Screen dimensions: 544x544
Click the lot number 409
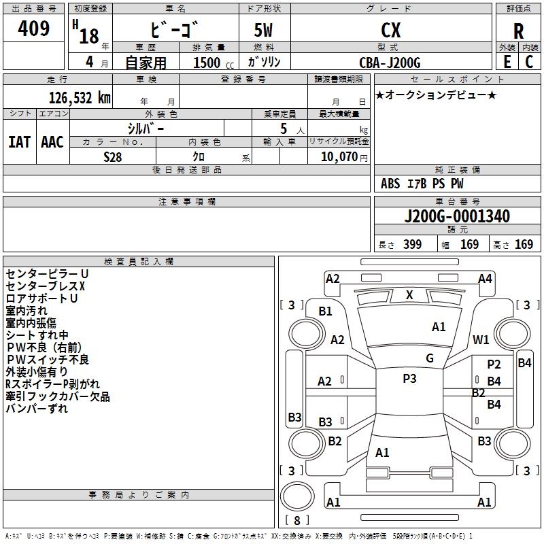pyautogui.click(x=34, y=29)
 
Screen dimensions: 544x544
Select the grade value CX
pyautogui.click(x=390, y=30)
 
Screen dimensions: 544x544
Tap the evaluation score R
pyautogui.click(x=518, y=31)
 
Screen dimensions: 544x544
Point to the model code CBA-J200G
pyautogui.click(x=390, y=63)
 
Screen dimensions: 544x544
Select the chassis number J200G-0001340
pyautogui.click(x=457, y=217)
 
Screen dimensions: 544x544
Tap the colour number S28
pyautogui.click(x=113, y=156)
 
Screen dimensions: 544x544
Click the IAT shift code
pyautogui.click(x=19, y=142)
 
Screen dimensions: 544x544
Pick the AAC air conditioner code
pyautogui.click(x=52, y=142)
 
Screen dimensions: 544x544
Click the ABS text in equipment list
pyautogui.click(x=390, y=184)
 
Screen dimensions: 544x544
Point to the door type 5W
pyautogui.click(x=264, y=30)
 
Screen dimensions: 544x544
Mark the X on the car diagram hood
pyautogui.click(x=409, y=295)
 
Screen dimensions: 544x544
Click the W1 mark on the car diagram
pyautogui.click(x=481, y=339)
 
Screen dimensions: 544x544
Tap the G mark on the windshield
pyautogui.click(x=430, y=358)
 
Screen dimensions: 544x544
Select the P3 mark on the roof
pyautogui.click(x=409, y=379)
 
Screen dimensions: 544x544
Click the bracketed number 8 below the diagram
pyautogui.click(x=296, y=521)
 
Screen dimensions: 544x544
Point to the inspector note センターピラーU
pyautogui.click(x=47, y=273)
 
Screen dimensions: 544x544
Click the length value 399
pyautogui.click(x=412, y=245)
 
